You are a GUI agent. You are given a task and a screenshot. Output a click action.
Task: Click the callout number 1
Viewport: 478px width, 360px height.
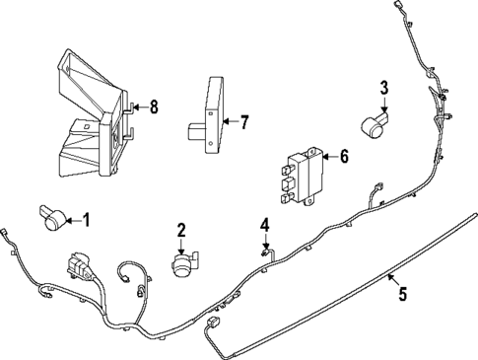86,220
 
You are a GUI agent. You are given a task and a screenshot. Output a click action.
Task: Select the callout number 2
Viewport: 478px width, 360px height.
181,231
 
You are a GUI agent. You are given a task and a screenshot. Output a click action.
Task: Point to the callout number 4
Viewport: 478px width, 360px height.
264,225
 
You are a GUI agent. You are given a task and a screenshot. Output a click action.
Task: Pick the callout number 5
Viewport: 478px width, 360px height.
402,292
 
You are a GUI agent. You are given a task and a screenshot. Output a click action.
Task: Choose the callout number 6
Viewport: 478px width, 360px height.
344,155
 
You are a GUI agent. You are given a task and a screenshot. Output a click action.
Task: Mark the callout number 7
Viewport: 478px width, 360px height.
244,122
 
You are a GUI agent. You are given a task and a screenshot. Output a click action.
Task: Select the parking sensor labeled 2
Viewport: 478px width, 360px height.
183,264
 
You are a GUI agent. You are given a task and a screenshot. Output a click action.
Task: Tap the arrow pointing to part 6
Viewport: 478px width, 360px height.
331,155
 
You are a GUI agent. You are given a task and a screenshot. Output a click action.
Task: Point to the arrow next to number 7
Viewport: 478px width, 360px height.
232,122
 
